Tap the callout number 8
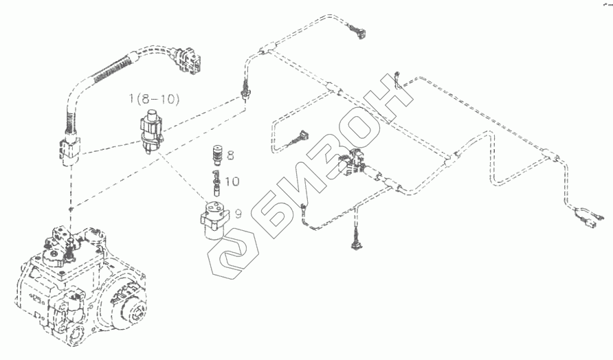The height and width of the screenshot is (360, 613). (x=230, y=155)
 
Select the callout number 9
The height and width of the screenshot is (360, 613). (x=238, y=214)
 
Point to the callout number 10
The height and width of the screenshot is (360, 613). (x=232, y=182)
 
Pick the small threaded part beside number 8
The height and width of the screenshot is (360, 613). (x=217, y=155)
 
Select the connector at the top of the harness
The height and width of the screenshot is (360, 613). (x=358, y=31)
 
